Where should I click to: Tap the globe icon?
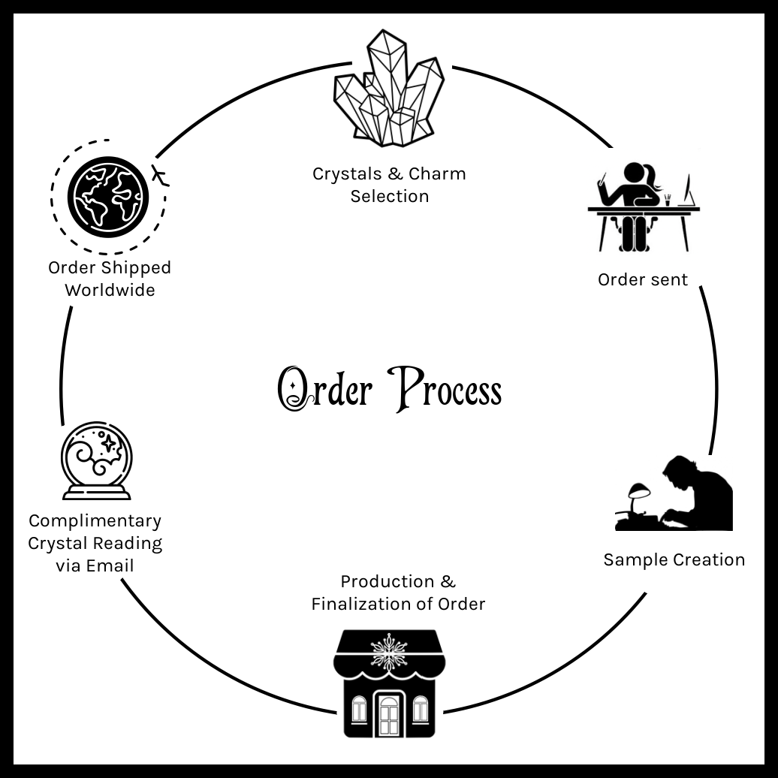[x=108, y=196]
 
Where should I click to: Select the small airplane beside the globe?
[x=160, y=177]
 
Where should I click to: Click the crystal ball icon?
[x=96, y=460]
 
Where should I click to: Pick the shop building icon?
[x=389, y=683]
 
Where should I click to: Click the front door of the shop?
[x=388, y=714]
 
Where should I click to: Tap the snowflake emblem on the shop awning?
[x=389, y=647]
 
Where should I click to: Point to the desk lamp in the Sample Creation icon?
[x=638, y=496]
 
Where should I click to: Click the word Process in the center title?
[x=448, y=390]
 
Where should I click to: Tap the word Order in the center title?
[x=325, y=390]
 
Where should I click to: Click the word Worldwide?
[x=110, y=290]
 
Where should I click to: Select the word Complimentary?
[x=95, y=520]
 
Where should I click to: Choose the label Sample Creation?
[x=674, y=559]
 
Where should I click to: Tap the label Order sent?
[x=642, y=279]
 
